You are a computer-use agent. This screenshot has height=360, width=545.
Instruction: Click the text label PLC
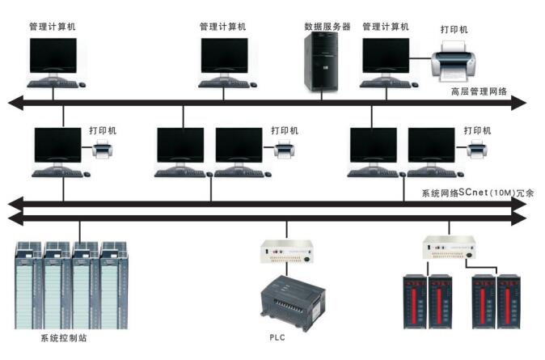point(279,336)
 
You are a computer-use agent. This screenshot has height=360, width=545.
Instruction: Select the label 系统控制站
point(63,337)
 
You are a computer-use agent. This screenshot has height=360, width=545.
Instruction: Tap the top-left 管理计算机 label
point(53,27)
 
